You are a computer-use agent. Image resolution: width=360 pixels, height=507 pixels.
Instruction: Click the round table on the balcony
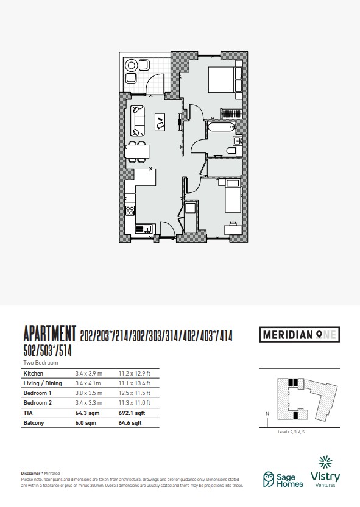[x=132, y=66]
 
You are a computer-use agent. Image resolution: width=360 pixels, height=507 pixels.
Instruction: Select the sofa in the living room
[x=137, y=121]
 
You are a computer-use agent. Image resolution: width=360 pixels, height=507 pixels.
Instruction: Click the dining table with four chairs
[x=137, y=152]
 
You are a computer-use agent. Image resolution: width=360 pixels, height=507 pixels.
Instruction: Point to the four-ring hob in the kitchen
[x=130, y=211]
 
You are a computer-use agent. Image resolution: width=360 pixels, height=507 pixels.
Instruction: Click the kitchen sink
[x=143, y=229]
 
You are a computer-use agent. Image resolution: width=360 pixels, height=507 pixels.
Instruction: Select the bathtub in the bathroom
[x=222, y=127]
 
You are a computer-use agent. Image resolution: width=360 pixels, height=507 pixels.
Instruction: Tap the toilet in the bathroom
[x=231, y=151]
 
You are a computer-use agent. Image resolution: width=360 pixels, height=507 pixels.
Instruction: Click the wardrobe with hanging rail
[x=231, y=114]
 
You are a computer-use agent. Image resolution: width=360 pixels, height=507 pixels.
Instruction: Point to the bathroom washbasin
[x=238, y=141]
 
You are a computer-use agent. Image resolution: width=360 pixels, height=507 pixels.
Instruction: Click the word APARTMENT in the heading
[x=50, y=334]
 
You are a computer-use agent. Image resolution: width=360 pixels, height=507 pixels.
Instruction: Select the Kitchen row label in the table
[x=34, y=374]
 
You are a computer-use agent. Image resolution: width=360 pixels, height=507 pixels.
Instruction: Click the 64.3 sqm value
[x=87, y=413]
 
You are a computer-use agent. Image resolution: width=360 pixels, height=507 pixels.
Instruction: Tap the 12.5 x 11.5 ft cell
[x=135, y=393]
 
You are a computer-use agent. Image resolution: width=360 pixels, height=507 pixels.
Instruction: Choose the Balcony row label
[x=34, y=423]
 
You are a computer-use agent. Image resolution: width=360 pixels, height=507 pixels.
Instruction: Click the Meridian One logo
[x=300, y=334]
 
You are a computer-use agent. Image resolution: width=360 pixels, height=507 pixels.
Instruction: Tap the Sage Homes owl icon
[x=269, y=480]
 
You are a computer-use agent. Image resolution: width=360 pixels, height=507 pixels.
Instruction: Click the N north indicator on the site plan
[x=267, y=414]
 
